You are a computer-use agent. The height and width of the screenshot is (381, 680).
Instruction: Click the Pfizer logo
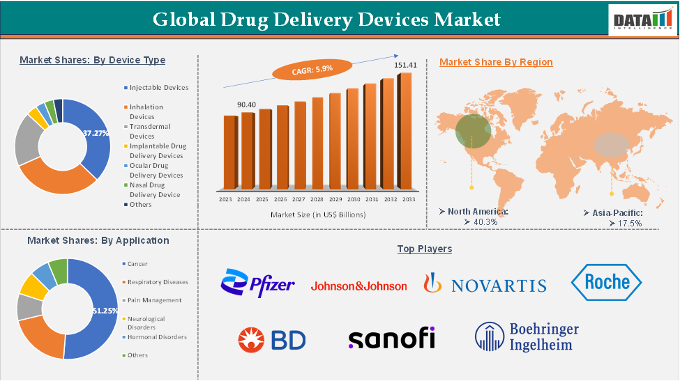pyautogui.click(x=257, y=283)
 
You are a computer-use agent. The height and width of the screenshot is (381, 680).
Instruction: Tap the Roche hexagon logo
pyautogui.click(x=606, y=282)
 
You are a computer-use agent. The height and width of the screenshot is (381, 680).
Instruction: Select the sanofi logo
pyautogui.click(x=391, y=339)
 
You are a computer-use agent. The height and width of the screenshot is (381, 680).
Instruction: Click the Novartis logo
pyautogui.click(x=485, y=284)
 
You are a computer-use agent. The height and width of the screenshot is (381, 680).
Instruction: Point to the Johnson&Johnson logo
pyautogui.click(x=358, y=286)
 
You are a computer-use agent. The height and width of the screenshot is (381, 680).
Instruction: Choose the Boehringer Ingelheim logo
pyautogui.click(x=527, y=336)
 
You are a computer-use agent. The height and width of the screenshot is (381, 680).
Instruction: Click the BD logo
pyautogui.click(x=271, y=339)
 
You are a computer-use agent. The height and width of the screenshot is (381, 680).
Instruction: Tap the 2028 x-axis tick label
pyautogui.click(x=317, y=199)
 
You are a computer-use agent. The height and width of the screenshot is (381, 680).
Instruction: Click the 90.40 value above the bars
pyautogui.click(x=246, y=104)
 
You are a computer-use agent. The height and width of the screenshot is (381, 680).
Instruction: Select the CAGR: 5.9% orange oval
pyautogui.click(x=303, y=69)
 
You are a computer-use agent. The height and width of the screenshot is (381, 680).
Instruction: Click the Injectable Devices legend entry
pyautogui.click(x=158, y=87)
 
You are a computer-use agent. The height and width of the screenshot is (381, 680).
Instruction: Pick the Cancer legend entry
pyautogui.click(x=137, y=264)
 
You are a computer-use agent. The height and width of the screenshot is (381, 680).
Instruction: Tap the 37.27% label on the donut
pyautogui.click(x=96, y=132)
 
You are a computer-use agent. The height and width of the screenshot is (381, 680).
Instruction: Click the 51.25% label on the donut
pyautogui.click(x=105, y=311)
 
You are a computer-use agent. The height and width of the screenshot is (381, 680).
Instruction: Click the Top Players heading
pyautogui.click(x=424, y=249)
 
